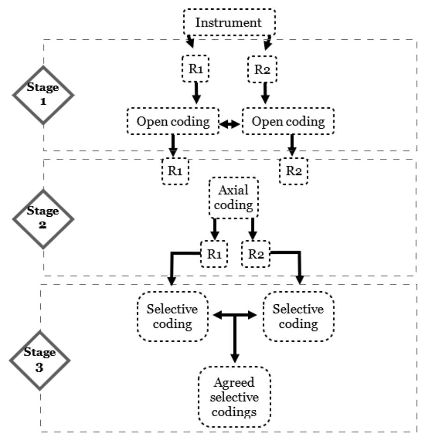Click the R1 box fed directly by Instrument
tap(195, 69)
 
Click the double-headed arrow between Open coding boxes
tap(231, 124)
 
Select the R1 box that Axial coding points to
tap(214, 254)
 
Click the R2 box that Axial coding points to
tap(256, 254)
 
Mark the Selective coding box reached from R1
tap(173, 316)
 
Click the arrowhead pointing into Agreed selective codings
tap(234, 359)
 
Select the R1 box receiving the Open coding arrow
tap(175, 171)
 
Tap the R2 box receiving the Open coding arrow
tap(293, 171)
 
